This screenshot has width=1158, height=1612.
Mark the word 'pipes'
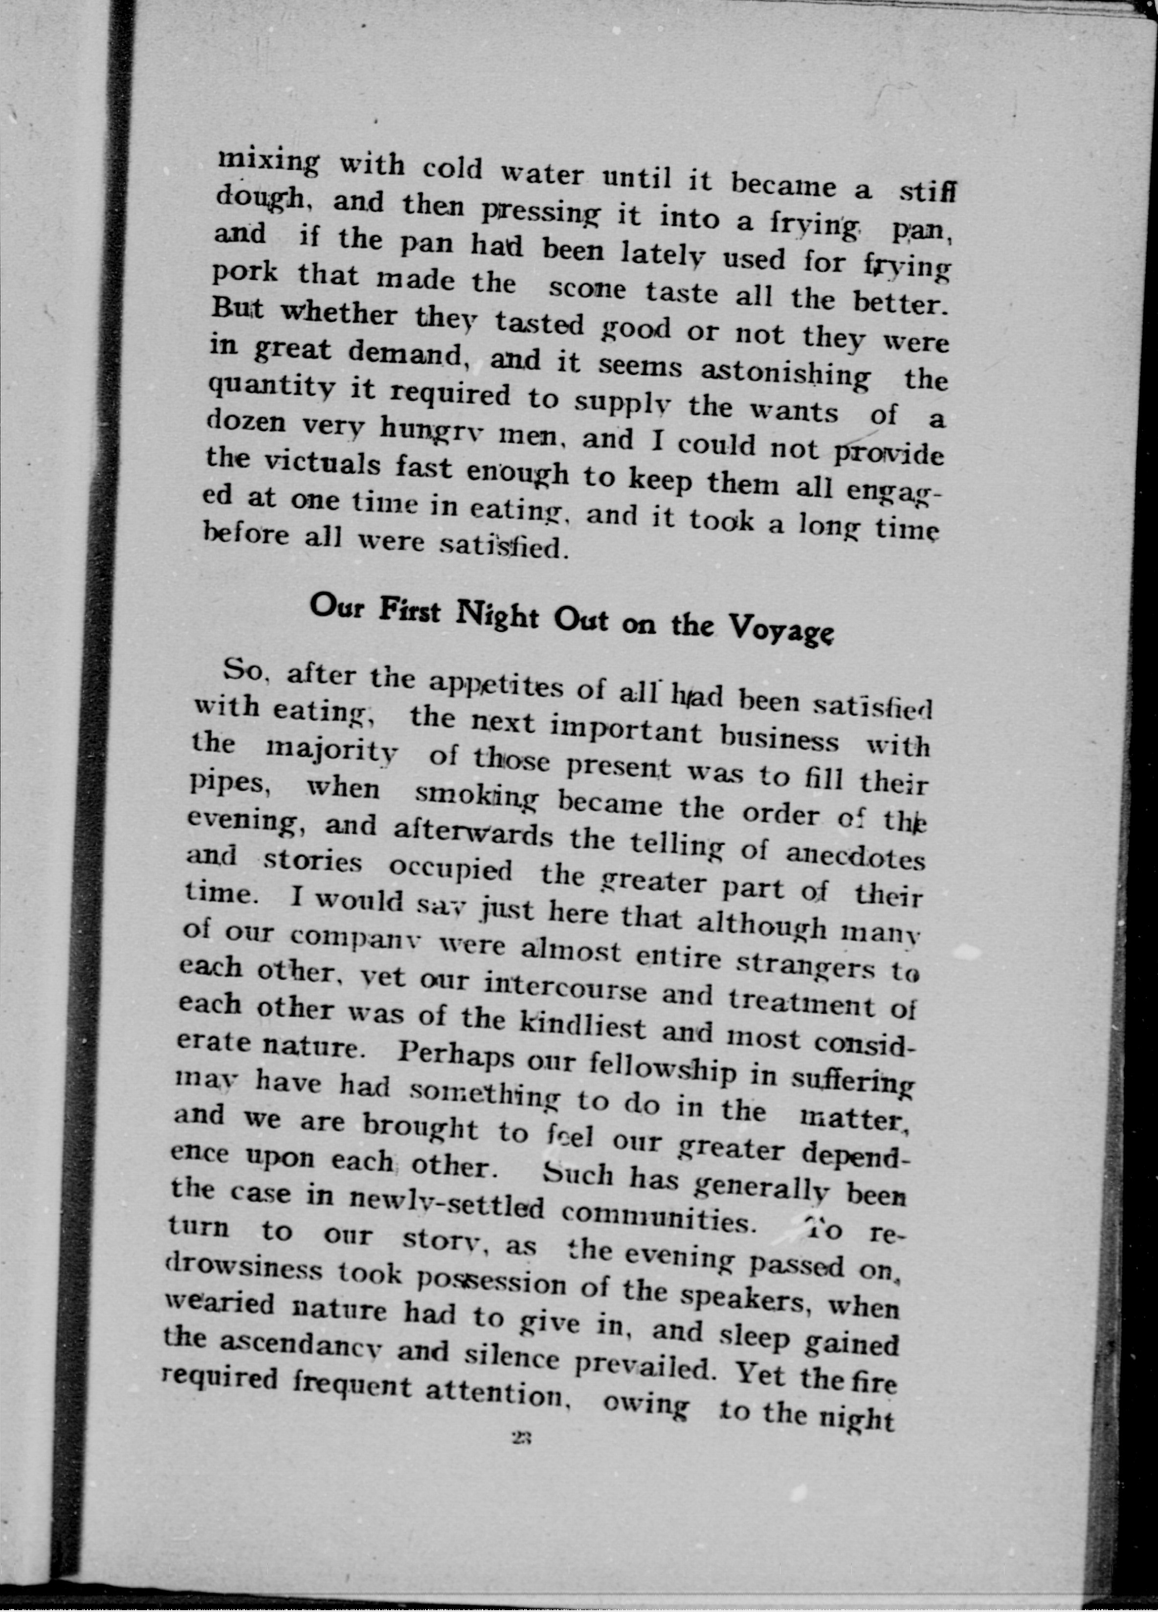[227, 783]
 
